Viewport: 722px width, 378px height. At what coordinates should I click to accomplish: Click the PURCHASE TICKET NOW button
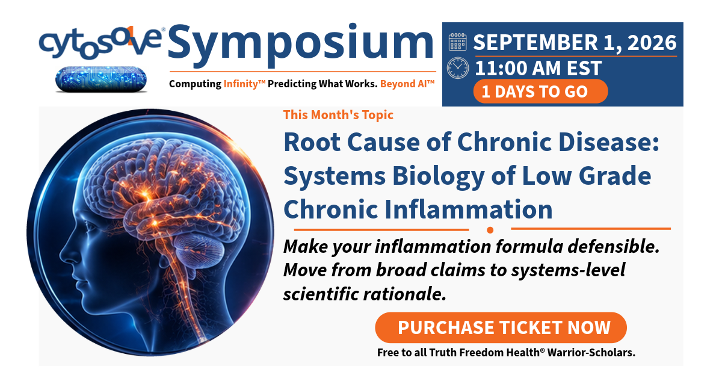click(501, 327)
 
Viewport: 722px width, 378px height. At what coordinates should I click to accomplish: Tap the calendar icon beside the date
click(457, 42)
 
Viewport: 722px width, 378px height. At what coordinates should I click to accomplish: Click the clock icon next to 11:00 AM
click(458, 68)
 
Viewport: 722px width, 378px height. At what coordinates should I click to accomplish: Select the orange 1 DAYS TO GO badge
click(540, 91)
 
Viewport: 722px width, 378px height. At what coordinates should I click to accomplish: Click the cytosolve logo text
click(100, 43)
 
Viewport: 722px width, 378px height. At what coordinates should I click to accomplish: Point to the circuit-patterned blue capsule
click(101, 79)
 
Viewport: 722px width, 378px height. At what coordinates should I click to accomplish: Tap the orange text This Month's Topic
click(338, 115)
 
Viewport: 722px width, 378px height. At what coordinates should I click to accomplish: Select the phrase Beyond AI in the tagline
click(407, 84)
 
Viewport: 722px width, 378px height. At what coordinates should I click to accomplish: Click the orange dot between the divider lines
click(490, 230)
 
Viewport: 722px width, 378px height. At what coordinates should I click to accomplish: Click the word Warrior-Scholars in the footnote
click(591, 353)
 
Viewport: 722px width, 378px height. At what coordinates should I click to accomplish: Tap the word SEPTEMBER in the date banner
click(535, 42)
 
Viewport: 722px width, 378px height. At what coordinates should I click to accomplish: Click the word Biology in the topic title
click(439, 176)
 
